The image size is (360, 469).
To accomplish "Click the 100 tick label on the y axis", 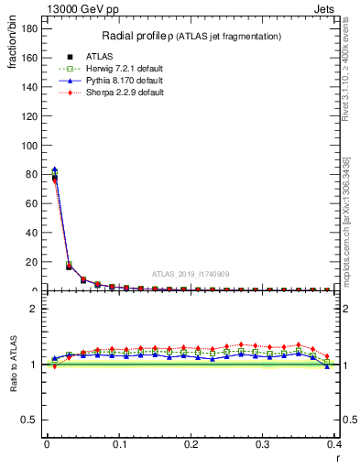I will tap(29, 145).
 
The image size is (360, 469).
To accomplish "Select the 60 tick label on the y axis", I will tap(32, 203).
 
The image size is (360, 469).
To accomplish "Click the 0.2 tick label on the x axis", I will tap(191, 444).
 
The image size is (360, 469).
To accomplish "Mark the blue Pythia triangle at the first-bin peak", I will tap(54, 169).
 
